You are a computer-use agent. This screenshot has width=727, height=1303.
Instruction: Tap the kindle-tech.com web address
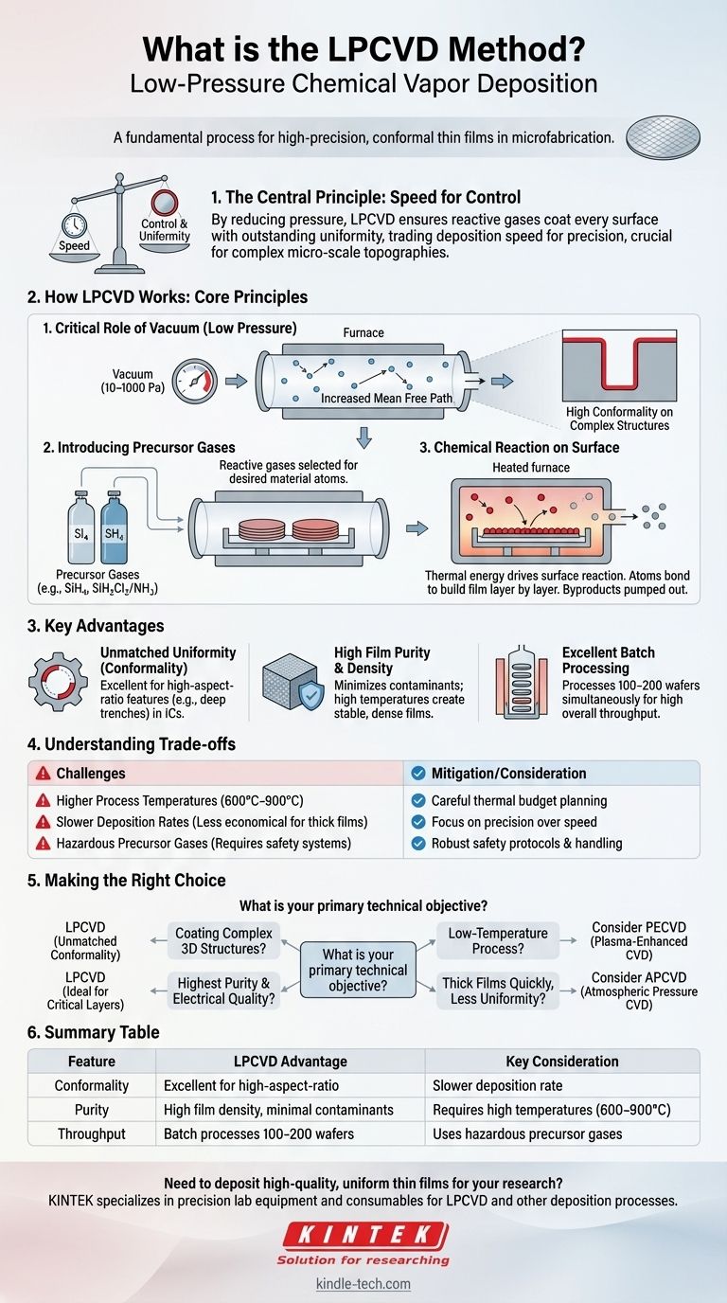pyautogui.click(x=363, y=1285)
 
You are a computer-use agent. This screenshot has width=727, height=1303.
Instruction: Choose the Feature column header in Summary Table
pyautogui.click(x=92, y=1062)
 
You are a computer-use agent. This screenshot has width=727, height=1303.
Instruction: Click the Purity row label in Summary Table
pyautogui.click(x=92, y=1109)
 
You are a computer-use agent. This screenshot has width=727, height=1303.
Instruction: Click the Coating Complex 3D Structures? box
pyautogui.click(x=223, y=941)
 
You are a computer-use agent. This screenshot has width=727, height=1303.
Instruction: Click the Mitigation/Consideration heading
pyautogui.click(x=508, y=773)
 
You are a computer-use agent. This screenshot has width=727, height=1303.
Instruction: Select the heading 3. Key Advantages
pyautogui.click(x=97, y=625)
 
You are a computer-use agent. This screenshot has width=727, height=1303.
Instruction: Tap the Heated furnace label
pyautogui.click(x=530, y=468)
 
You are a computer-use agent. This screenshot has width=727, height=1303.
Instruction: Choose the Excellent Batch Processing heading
pyautogui.click(x=609, y=660)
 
